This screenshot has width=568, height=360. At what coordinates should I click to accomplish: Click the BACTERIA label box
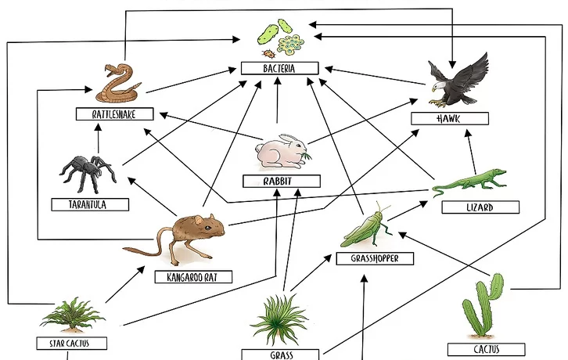click(x=279, y=69)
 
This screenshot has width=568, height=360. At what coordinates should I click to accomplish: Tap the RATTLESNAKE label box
click(x=114, y=114)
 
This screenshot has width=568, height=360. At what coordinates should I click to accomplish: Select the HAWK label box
click(x=451, y=118)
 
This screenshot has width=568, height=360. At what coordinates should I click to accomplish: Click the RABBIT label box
click(x=281, y=181)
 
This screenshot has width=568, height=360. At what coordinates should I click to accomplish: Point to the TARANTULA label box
click(x=90, y=204)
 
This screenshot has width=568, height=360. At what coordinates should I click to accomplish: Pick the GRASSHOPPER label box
click(x=375, y=258)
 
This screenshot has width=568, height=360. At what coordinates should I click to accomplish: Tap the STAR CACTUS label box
click(x=71, y=343)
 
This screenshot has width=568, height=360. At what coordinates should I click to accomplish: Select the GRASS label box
click(x=281, y=355)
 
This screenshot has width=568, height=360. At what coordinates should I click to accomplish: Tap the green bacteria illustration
click(x=281, y=40)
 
